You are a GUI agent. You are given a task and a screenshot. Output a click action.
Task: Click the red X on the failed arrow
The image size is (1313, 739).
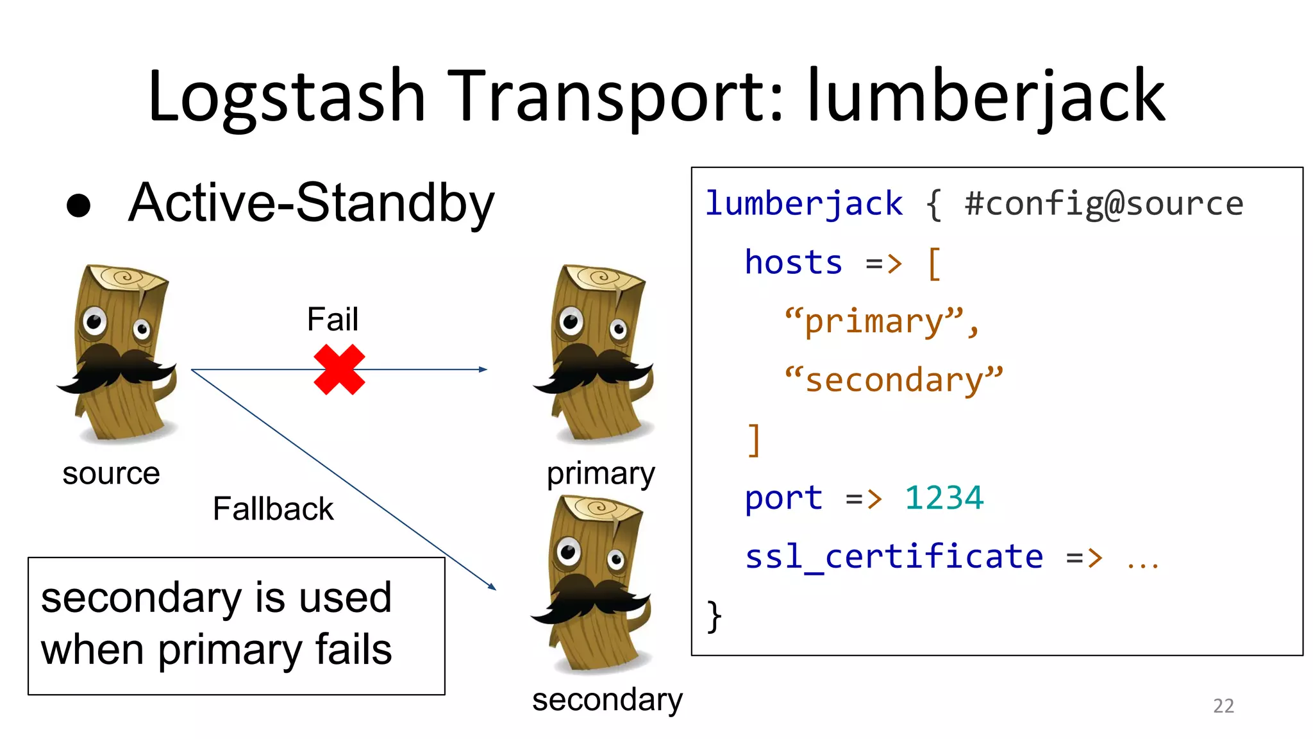tap(339, 369)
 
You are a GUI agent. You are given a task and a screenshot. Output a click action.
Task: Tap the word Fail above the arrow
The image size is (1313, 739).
tap(332, 319)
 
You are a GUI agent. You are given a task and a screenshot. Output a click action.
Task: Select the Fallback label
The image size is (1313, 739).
tap(272, 509)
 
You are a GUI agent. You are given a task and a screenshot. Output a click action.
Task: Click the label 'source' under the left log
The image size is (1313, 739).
tap(111, 474)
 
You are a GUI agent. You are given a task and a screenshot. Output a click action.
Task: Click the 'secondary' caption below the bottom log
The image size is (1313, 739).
tap(607, 700)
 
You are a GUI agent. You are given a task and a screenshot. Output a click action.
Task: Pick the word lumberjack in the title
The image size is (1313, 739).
tap(985, 96)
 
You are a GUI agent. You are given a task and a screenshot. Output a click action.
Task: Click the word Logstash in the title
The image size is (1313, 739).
tap(287, 96)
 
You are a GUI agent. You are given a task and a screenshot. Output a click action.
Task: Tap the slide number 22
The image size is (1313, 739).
tap(1223, 706)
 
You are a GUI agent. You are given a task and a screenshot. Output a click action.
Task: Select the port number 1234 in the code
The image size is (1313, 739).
tap(944, 498)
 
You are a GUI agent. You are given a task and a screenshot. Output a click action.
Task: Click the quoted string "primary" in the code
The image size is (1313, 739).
tap(882, 321)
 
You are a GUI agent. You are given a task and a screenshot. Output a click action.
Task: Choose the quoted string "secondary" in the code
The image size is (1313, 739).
tap(894, 380)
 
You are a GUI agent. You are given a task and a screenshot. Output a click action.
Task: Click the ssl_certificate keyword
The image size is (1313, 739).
tap(894, 557)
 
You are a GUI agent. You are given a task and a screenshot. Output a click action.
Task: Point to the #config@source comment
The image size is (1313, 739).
tap(1103, 204)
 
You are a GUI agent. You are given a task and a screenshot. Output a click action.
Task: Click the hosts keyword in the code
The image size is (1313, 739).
tap(793, 263)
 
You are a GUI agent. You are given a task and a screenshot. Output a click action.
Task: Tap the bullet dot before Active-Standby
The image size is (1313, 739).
tap(79, 205)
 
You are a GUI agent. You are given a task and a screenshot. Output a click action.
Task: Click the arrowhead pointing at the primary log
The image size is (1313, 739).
tap(483, 369)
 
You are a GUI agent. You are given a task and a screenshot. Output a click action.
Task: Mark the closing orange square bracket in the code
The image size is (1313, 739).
tap(754, 439)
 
